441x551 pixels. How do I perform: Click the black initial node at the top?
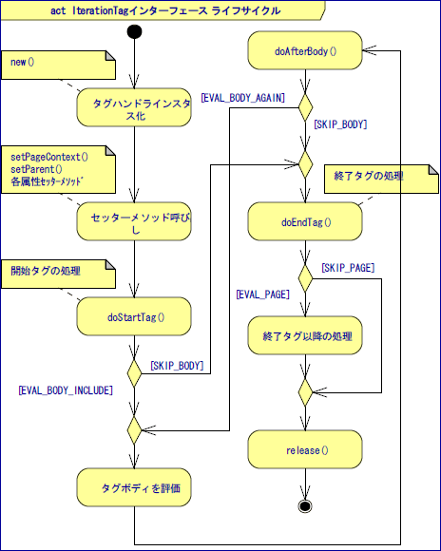tap(134, 32)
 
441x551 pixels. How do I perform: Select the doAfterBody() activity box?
tap(305, 50)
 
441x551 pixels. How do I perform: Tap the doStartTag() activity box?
tap(134, 317)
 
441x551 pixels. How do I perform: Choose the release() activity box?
tap(305, 449)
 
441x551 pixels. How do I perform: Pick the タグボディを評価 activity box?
tap(134, 488)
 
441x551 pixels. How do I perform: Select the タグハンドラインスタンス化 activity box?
tap(134, 107)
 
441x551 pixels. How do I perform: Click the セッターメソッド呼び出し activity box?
tap(134, 221)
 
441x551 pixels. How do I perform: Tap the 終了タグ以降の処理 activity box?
tap(305, 335)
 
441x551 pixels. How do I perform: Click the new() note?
tap(57, 64)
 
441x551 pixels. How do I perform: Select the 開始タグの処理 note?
tap(57, 273)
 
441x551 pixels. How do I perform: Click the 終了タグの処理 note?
tap(381, 178)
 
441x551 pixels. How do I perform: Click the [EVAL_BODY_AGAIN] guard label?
tap(241, 97)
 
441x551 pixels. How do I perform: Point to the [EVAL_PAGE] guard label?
tap(262, 295)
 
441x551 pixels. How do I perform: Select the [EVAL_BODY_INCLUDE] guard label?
tap(66, 389)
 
